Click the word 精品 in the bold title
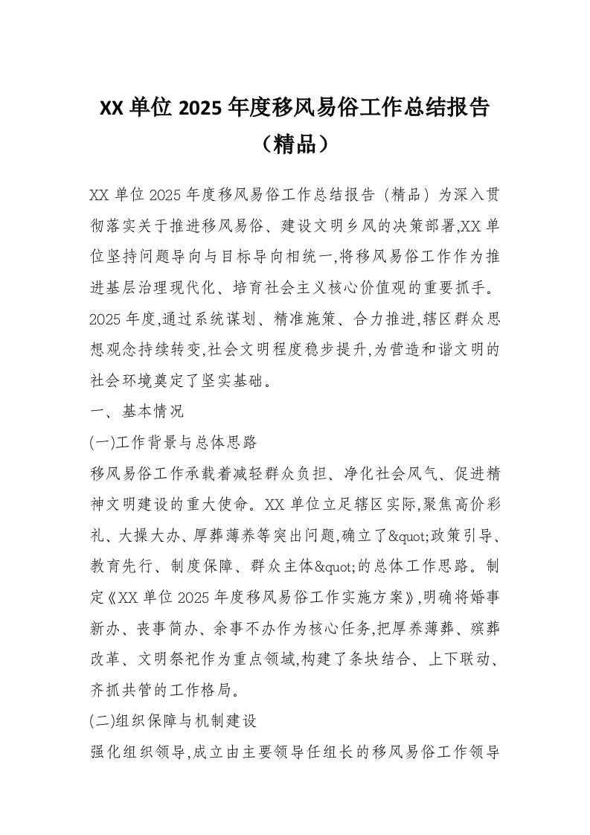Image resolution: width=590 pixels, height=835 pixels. click(x=295, y=144)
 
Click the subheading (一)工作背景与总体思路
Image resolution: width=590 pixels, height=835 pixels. click(x=173, y=442)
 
